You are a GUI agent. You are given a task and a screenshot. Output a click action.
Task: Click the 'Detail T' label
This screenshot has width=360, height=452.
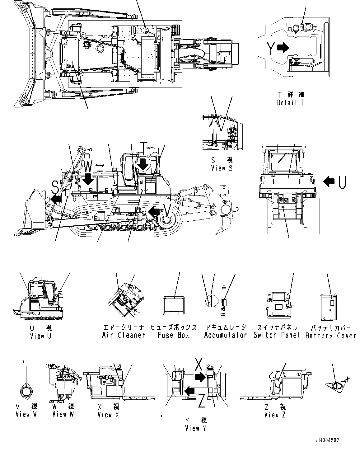(x=290, y=102)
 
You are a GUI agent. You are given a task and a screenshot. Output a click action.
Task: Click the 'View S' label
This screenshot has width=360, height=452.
(x=222, y=168)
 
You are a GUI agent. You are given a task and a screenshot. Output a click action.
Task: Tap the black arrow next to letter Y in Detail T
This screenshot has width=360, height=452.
(x=283, y=47)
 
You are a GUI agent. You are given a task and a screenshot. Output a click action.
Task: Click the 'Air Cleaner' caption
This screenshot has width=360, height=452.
(x=124, y=335)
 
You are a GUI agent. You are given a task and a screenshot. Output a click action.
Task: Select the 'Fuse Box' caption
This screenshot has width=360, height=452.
(x=173, y=335)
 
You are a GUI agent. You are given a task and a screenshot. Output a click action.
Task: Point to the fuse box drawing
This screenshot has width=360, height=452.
(x=174, y=305)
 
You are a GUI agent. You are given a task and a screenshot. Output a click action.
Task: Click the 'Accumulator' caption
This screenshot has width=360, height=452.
(x=225, y=335)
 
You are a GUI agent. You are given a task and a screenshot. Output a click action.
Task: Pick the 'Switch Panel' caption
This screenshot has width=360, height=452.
(x=276, y=335)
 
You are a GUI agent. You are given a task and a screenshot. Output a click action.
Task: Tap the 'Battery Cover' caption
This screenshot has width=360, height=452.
(x=331, y=336)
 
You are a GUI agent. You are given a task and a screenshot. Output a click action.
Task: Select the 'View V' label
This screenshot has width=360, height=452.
(x=27, y=414)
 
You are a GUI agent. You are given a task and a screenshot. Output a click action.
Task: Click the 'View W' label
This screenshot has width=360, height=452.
(x=63, y=414)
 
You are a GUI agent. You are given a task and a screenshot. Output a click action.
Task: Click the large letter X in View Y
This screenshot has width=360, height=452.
(x=199, y=363)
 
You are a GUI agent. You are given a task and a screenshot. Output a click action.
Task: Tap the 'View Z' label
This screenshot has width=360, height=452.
(x=275, y=415)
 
